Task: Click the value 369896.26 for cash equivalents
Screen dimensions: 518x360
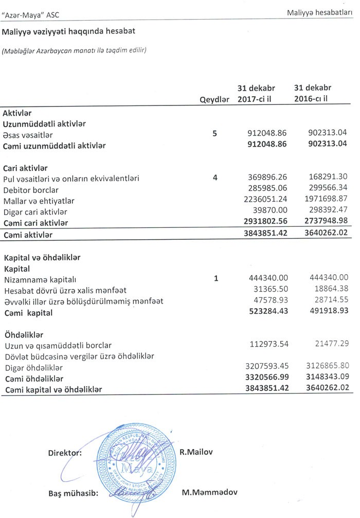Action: click(266, 178)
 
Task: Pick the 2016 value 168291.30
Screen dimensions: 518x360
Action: click(326, 178)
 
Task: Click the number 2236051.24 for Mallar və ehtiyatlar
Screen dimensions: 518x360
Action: click(264, 201)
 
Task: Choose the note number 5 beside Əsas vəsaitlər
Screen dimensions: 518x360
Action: click(215, 134)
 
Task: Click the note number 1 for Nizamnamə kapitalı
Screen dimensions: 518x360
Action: click(216, 279)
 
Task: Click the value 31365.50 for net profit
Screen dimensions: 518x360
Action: click(268, 290)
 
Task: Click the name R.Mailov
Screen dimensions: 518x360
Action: click(196, 452)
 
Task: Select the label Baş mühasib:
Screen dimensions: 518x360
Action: click(73, 493)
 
